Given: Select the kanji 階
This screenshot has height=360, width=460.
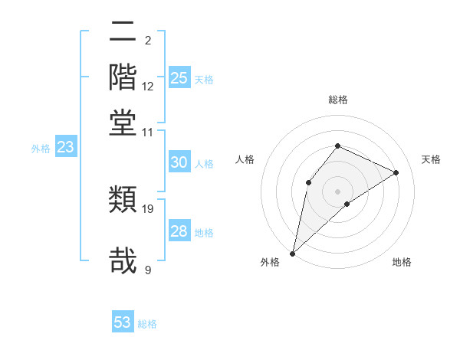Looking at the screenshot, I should (x=123, y=77).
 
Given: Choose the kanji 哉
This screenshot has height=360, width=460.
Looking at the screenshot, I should (x=123, y=260).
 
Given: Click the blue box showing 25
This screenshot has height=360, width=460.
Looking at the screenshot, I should (x=179, y=78).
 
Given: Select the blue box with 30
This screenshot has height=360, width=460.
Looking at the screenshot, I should (x=179, y=162).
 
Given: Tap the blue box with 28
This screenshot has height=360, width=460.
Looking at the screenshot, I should (x=179, y=231).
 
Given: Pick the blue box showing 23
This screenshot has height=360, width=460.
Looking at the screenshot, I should (x=65, y=148).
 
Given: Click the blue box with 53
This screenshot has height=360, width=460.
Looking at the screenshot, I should (x=123, y=322).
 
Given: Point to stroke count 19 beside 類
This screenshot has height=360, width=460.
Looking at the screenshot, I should (x=148, y=208).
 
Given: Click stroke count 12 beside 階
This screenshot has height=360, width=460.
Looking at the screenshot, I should (x=148, y=87).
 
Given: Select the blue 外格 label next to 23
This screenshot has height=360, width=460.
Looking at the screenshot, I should (x=41, y=149).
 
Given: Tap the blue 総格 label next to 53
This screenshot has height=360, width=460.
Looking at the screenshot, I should (x=147, y=324).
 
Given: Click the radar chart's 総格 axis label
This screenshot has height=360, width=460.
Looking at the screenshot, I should (x=337, y=100).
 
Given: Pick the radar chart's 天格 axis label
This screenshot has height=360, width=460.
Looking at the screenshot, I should (x=431, y=159).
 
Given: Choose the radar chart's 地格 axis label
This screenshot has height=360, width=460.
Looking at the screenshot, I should (x=402, y=262).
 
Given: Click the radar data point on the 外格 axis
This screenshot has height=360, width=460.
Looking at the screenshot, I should (x=292, y=253).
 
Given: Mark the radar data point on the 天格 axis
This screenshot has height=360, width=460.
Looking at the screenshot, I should (x=396, y=172).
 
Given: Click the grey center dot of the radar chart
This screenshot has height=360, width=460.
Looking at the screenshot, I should (x=337, y=191).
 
